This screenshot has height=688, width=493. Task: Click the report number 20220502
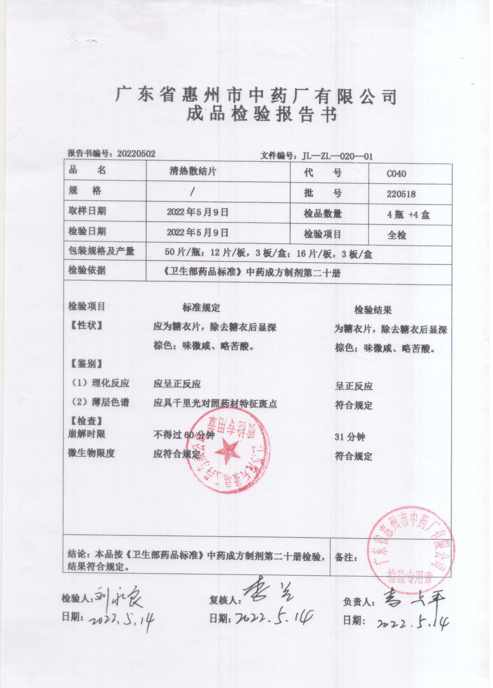pos(136,154)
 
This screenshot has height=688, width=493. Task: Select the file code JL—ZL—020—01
pos(337,157)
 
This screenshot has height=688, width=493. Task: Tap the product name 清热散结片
pos(193,172)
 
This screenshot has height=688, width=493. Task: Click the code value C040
pos(396,174)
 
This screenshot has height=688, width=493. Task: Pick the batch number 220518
pos(401,194)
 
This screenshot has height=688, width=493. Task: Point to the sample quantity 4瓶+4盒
pos(408,215)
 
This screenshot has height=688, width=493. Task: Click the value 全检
pos(397,235)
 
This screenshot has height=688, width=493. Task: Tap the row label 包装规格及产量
pos(102,251)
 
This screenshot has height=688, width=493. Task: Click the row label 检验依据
pos(87,270)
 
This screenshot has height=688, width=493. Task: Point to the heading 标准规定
pos(201,308)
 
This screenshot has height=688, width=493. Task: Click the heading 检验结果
pos(373,310)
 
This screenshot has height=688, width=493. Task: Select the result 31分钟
pos(350,437)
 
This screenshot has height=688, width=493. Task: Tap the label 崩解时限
pos(87,434)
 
